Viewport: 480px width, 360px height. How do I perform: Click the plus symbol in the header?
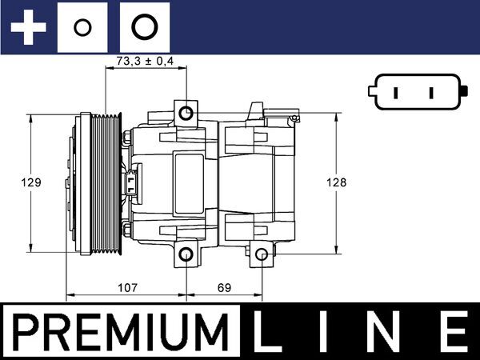(x=29, y=27)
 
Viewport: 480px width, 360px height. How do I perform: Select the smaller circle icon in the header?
(x=81, y=28)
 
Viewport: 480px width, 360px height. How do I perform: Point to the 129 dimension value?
(x=31, y=182)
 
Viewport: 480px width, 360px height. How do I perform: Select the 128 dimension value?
(x=337, y=182)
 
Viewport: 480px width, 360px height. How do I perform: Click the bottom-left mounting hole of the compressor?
(x=186, y=255)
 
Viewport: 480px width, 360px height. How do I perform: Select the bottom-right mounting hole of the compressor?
(x=262, y=254)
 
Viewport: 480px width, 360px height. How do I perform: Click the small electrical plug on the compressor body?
(x=131, y=182)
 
